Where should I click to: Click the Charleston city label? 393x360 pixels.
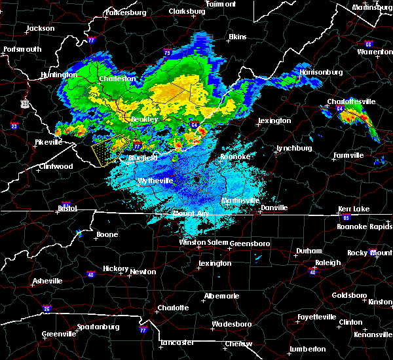click(x=117, y=79)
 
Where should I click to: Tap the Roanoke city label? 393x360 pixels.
click(x=235, y=156)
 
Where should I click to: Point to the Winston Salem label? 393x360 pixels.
click(x=203, y=242)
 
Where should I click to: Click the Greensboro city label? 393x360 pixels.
click(x=252, y=243)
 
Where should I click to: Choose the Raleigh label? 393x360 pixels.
click(x=328, y=262)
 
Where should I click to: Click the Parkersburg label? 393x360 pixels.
click(x=127, y=12)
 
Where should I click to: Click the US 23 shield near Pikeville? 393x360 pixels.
click(x=25, y=103)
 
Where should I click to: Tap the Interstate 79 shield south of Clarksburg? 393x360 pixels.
click(x=168, y=52)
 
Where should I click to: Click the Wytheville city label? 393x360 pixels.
click(x=155, y=181)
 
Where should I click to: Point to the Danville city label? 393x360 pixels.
click(x=274, y=207)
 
